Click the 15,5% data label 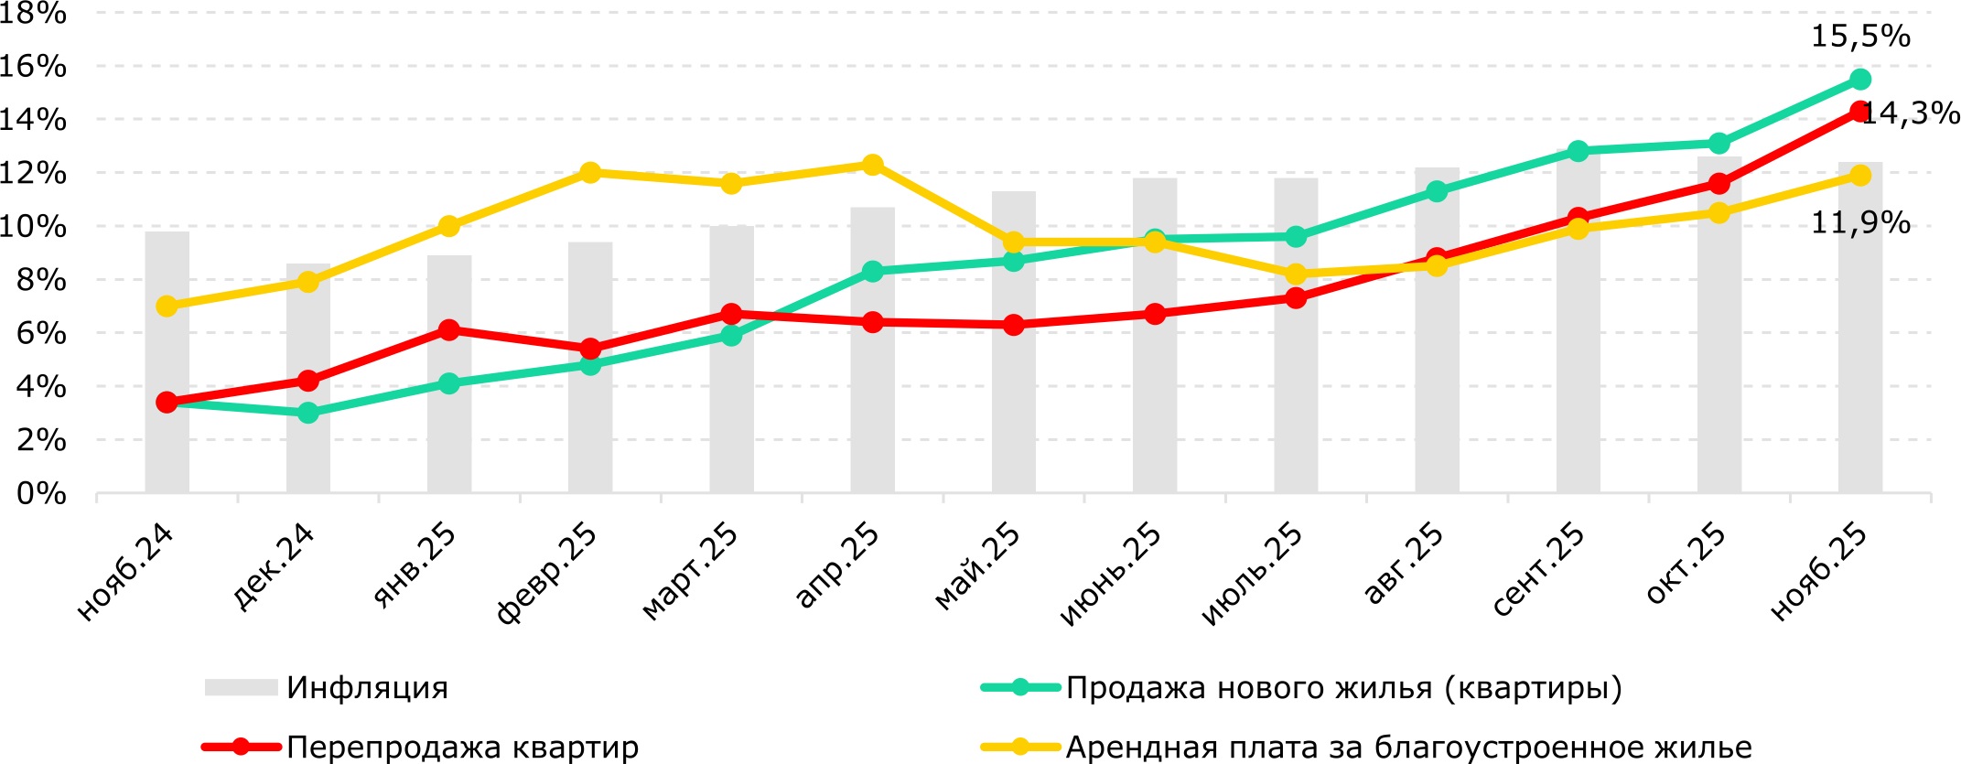click(1860, 37)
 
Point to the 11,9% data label click(1860, 222)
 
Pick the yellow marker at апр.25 click(873, 165)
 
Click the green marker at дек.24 click(308, 413)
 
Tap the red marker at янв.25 click(449, 330)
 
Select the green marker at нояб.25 click(1860, 80)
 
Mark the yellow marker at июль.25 click(1296, 274)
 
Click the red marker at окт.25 click(1719, 184)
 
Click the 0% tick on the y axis click(42, 494)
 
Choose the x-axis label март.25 click(691, 573)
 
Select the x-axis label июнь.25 click(1111, 575)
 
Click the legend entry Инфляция click(367, 688)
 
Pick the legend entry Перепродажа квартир click(462, 748)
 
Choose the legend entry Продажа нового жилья click(1343, 688)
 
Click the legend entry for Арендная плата click(1408, 748)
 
